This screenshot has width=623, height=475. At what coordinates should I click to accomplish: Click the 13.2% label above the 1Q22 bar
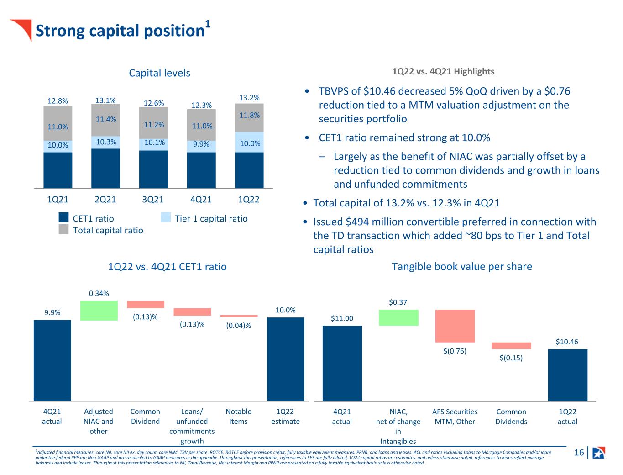tap(249, 98)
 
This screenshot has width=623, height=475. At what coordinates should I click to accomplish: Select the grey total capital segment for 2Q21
tap(105, 120)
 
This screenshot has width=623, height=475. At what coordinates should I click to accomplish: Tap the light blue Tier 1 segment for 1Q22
tap(249, 142)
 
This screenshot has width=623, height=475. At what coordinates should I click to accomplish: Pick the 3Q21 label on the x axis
tap(153, 199)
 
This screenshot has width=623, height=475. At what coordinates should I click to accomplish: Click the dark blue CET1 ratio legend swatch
tap(63, 217)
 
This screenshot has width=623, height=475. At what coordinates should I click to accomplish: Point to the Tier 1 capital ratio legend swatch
tap(166, 217)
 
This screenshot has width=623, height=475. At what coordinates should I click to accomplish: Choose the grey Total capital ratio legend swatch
tap(63, 229)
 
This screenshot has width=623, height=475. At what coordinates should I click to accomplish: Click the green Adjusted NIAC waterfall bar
tap(99, 311)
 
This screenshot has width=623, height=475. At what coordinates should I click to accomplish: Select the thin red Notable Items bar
tap(239, 316)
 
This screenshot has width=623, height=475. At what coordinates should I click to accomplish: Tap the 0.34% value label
tap(99, 293)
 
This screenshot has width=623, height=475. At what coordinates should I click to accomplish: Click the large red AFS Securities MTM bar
tap(455, 326)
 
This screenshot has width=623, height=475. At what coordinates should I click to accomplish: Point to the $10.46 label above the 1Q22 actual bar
tap(567, 342)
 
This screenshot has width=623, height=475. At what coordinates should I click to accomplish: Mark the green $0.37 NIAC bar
tap(398, 318)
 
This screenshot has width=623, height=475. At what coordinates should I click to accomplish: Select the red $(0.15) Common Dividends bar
tap(511, 346)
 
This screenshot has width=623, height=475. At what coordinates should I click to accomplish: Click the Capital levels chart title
tap(159, 73)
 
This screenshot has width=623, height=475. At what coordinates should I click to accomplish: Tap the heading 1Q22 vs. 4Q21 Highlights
tap(443, 71)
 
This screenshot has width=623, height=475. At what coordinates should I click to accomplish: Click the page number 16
tap(579, 452)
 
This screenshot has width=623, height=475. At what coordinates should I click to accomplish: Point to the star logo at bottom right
tap(598, 453)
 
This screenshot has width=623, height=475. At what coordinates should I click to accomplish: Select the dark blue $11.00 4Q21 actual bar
tap(342, 364)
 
